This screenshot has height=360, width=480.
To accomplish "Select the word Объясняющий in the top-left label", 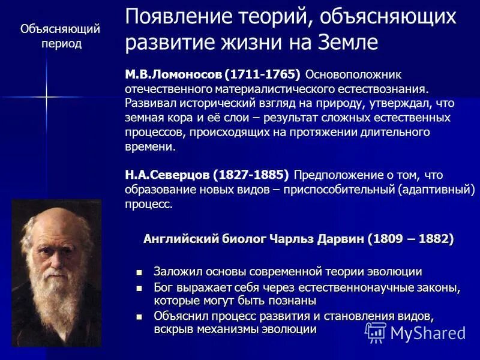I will click(60, 29).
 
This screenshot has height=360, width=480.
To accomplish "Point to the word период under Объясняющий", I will click(61, 44).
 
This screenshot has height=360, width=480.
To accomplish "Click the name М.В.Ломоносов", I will click(173, 74).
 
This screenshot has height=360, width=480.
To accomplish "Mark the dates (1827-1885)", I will click(252, 175).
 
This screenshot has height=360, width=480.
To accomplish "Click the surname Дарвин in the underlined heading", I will click(338, 239).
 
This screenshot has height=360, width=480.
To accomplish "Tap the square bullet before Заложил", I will click(140, 272).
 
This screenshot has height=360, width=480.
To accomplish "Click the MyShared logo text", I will click(428, 333).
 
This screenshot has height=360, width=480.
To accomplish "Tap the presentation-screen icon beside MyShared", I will click(376, 332).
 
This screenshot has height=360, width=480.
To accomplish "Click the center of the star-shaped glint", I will click(46, 96).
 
